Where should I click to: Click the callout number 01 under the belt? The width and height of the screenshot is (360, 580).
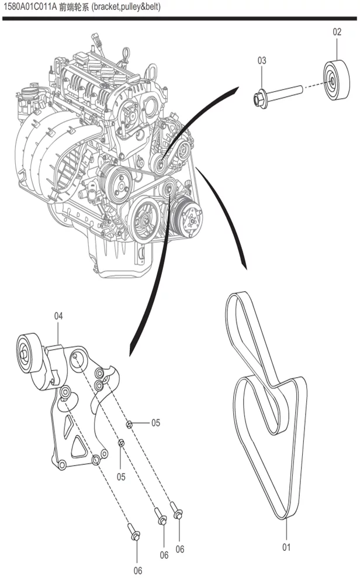[x=286, y=548]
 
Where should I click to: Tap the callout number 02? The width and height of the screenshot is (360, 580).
[x=337, y=32]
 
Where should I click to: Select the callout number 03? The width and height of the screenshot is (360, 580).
[x=261, y=60]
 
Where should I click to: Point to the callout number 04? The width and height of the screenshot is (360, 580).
[x=58, y=316]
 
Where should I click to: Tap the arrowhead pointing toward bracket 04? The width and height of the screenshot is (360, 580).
[x=131, y=351]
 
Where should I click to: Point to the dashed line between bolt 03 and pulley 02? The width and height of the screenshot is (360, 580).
[x=313, y=85]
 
